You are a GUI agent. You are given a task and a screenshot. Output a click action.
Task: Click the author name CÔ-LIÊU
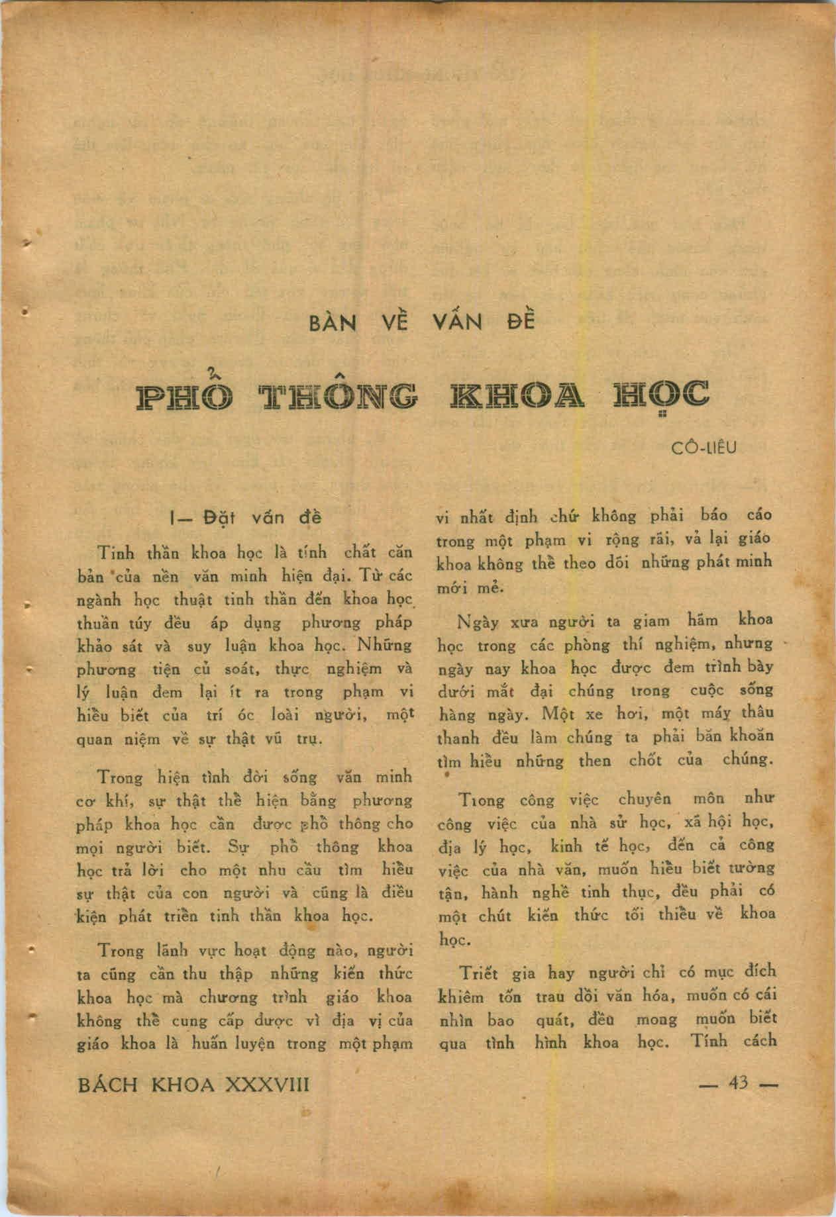(x=704, y=448)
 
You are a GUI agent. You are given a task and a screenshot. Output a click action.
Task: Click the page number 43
(x=737, y=1083)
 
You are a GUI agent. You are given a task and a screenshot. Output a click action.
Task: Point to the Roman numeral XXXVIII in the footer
(x=268, y=1085)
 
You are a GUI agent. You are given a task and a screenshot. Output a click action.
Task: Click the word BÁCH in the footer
(x=110, y=1085)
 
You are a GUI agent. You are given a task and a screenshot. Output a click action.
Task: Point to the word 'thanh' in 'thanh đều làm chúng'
(x=457, y=738)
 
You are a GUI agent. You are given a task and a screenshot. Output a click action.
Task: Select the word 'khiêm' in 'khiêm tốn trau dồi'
(x=461, y=997)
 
